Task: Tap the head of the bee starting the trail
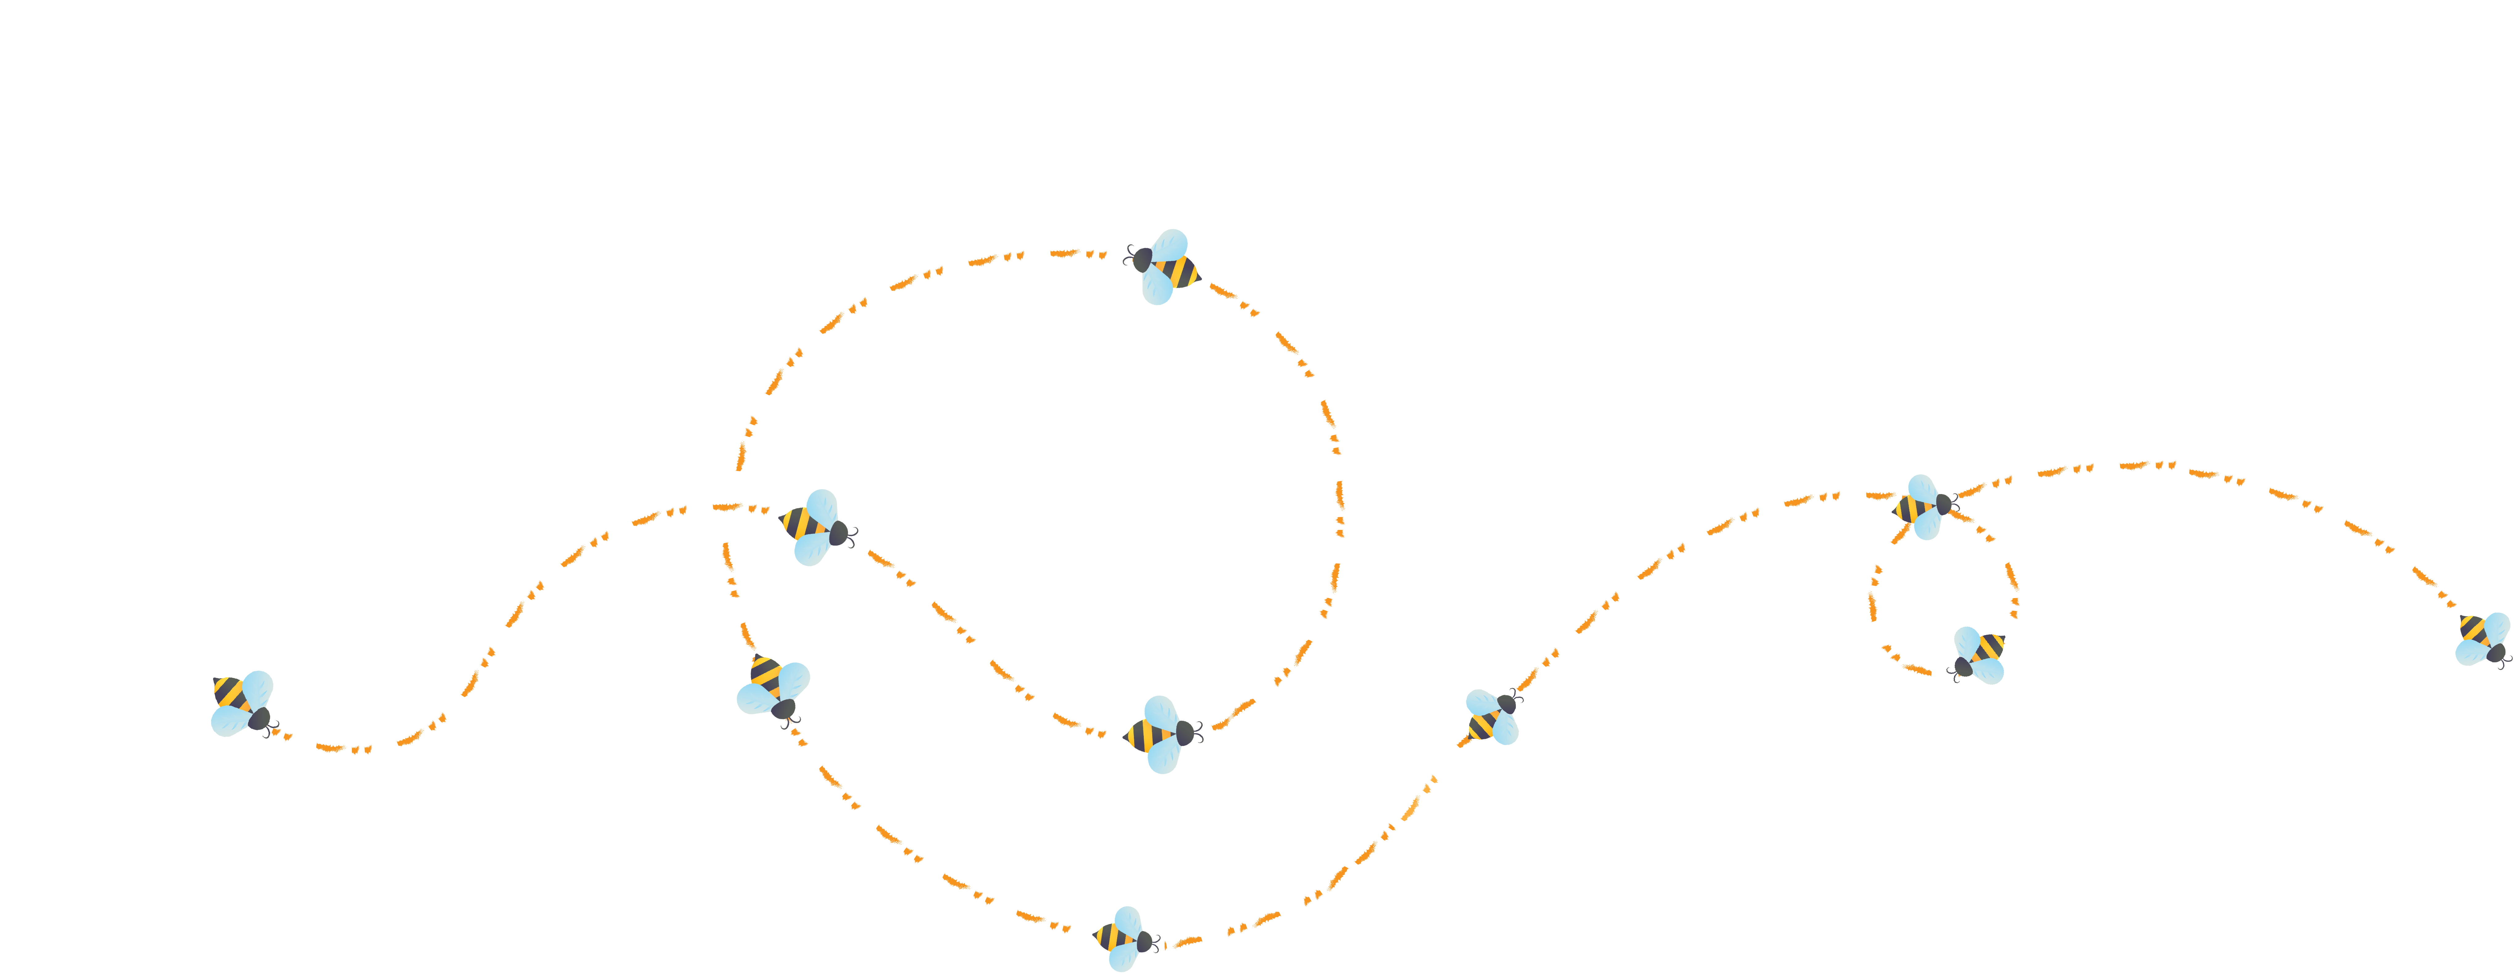[259, 719]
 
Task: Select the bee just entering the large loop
[815, 527]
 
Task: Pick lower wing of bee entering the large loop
[811, 550]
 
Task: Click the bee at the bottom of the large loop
[1161, 734]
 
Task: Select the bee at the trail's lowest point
[1124, 939]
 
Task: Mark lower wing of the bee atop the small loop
[1928, 526]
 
